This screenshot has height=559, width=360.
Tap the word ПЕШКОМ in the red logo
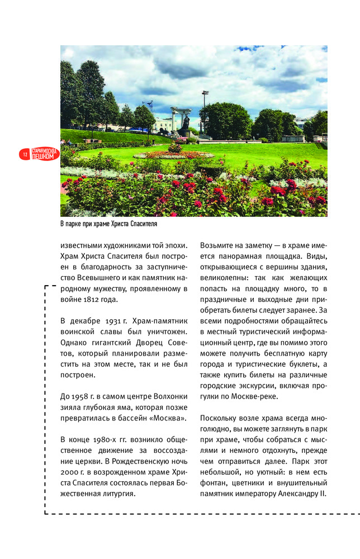pyautogui.click(x=44, y=157)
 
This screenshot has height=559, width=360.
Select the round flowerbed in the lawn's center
pyautogui.click(x=173, y=154)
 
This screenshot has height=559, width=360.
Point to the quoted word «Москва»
pyautogui.click(x=170, y=418)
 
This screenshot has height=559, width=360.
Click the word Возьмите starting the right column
pyautogui.click(x=219, y=245)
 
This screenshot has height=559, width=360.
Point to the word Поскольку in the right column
pyautogui.click(x=221, y=418)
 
